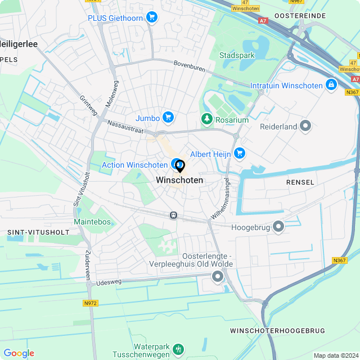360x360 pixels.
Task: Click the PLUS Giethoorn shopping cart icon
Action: (x=151, y=17)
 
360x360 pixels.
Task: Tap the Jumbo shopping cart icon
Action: (x=168, y=118)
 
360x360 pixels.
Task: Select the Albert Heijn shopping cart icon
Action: (x=240, y=153)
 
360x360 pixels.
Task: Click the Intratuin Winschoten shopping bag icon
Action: (x=331, y=85)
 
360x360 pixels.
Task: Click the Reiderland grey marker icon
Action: (x=305, y=126)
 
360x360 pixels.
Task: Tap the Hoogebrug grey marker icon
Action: (x=278, y=227)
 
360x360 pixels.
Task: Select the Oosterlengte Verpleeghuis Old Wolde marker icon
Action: (x=217, y=276)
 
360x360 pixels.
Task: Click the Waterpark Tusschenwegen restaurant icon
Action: (x=178, y=349)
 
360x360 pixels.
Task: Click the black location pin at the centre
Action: (x=180, y=166)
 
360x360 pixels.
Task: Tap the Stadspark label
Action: (x=237, y=56)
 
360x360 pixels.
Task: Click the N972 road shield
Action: (x=90, y=303)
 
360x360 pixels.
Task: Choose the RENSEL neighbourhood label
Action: (x=299, y=182)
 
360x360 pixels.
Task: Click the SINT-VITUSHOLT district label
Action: (x=38, y=232)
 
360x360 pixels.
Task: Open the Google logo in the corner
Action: (x=19, y=353)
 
